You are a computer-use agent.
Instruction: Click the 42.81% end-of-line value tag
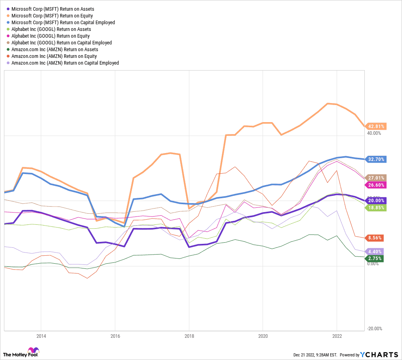[376, 126]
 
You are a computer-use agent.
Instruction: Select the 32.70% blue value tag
[376, 159]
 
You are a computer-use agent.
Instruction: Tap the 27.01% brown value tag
[376, 178]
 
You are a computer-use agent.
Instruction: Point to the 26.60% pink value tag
[376, 185]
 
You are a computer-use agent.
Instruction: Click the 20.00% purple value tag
[376, 201]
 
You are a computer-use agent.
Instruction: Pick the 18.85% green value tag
[376, 208]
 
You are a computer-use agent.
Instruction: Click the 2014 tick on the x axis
[41, 336]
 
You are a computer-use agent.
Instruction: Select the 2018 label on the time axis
[189, 336]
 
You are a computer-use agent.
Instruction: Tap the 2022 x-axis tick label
[337, 336]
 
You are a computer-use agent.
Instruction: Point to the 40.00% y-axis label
[374, 134]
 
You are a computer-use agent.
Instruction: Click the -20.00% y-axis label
[374, 328]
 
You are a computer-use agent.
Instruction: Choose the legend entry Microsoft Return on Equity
[52, 15]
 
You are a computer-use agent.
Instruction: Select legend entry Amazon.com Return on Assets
[55, 50]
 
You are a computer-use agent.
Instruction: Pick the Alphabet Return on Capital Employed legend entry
[61, 43]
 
